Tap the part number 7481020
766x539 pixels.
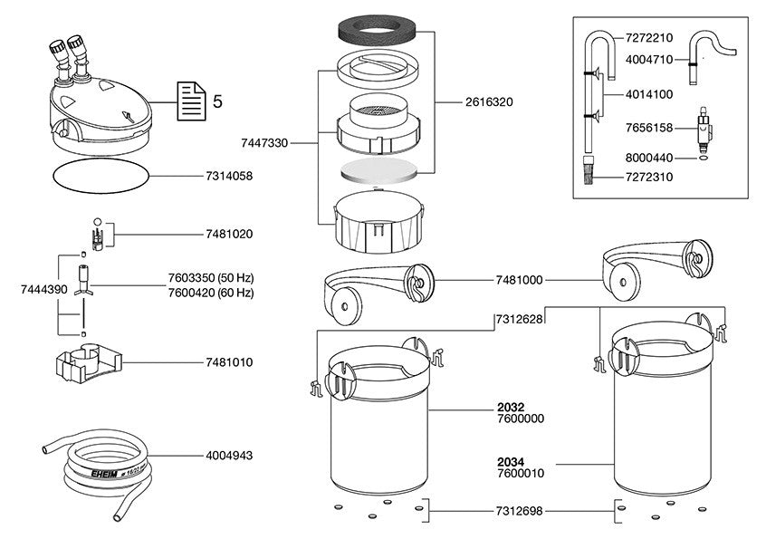228,234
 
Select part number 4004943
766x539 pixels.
228,457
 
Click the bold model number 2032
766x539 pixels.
512,408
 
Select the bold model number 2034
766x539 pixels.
512,460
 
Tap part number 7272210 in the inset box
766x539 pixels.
649,39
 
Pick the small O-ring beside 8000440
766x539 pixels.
702,158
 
